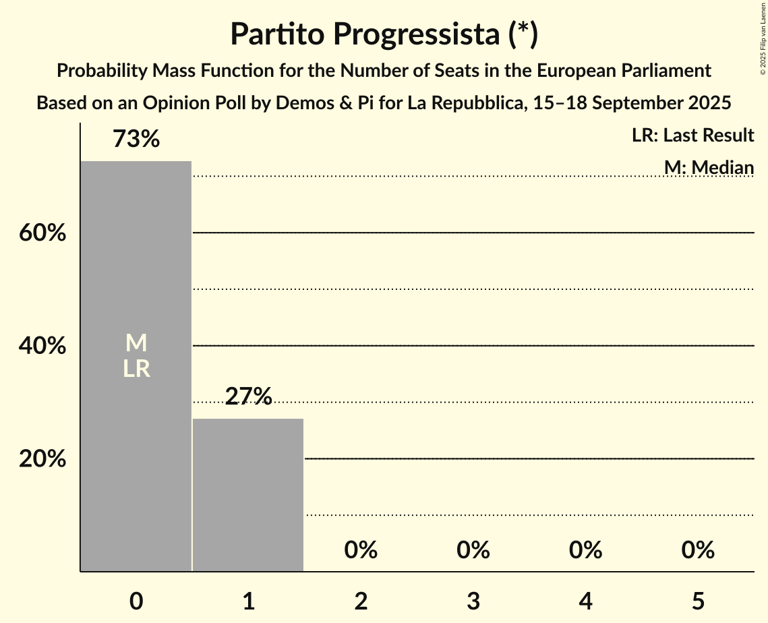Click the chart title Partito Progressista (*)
tap(384, 34)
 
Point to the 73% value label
tap(136, 140)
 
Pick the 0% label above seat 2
tap(361, 550)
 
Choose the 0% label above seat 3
tap(473, 550)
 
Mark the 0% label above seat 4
tap(585, 550)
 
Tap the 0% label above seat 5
tap(697, 550)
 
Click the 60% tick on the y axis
tap(42, 233)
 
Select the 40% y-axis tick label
tap(42, 346)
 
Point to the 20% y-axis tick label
tap(42, 459)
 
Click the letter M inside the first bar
tap(136, 343)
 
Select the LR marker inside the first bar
tap(136, 369)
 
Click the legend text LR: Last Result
tap(692, 136)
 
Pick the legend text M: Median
tap(709, 167)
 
